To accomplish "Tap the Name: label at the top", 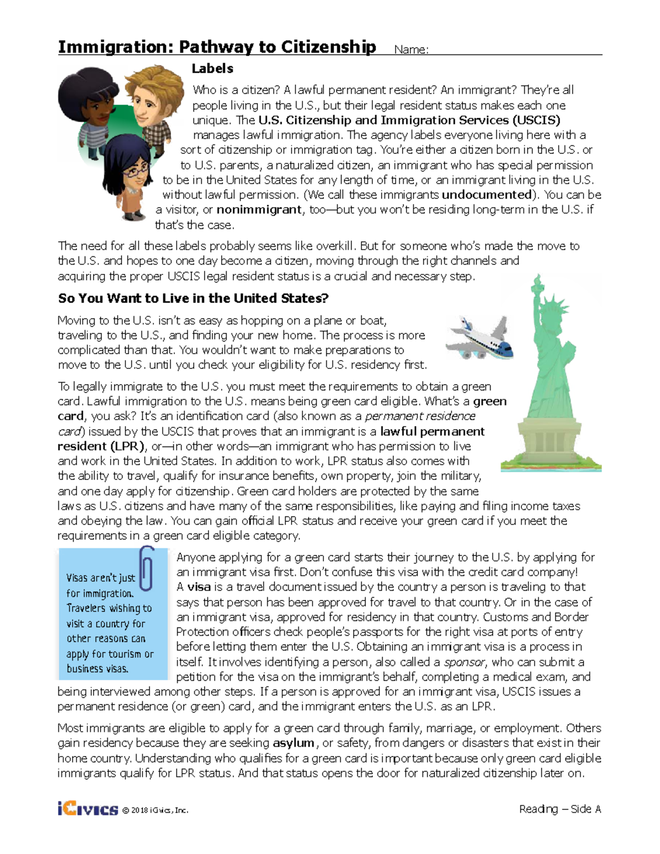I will [411, 49].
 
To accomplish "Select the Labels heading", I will [212, 69].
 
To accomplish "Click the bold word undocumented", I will [487, 195].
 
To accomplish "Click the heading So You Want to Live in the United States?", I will [193, 298].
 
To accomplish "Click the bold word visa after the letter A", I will [199, 587].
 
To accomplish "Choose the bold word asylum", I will [293, 743].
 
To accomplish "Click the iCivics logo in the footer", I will [87, 809].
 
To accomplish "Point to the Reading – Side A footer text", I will [559, 809].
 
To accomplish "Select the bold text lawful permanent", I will [432, 432].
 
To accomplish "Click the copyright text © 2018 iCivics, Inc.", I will [155, 810].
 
